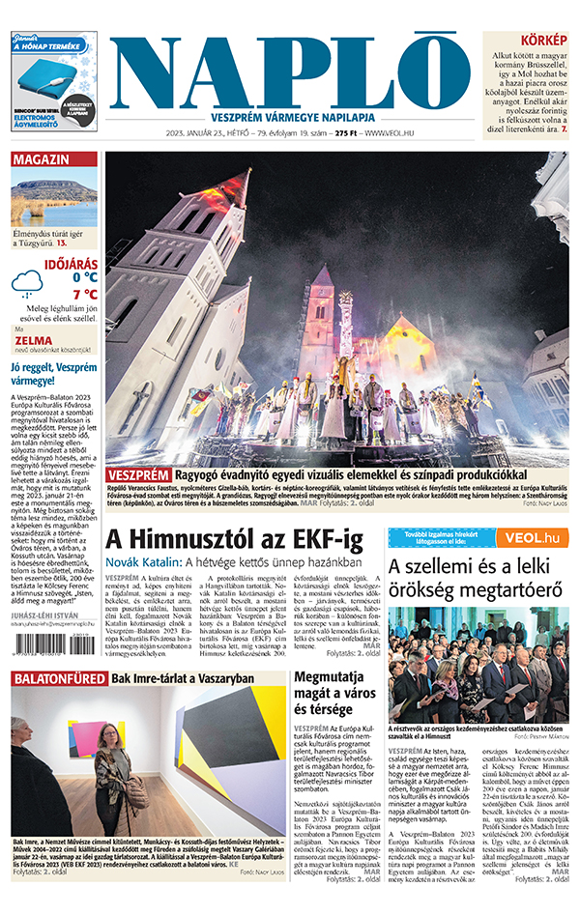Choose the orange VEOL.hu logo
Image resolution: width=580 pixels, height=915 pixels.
click(532, 537)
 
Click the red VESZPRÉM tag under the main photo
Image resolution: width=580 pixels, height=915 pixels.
click(138, 476)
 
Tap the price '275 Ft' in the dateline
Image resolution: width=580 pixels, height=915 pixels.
click(346, 133)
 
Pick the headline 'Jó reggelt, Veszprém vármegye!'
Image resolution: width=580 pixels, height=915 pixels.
click(52, 374)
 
